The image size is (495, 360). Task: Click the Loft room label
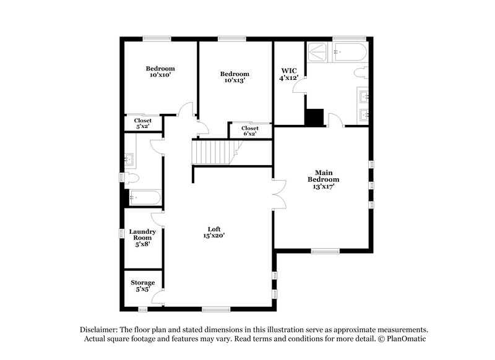tap(213, 231)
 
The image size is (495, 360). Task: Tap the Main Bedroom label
tap(323, 179)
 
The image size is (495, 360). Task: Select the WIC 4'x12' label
tap(290, 74)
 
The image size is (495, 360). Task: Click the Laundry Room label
tap(142, 237)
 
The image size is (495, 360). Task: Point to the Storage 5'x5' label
tap(142, 286)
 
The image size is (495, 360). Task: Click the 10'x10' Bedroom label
tap(160, 72)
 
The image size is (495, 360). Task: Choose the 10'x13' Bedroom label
tap(235, 77)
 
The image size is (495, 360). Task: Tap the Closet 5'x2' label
tap(142, 124)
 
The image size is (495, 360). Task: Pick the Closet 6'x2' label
tap(250, 131)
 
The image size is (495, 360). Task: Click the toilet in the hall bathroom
tap(131, 178)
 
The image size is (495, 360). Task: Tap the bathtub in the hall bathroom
tap(145, 198)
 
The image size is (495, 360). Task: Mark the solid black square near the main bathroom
tap(315, 117)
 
